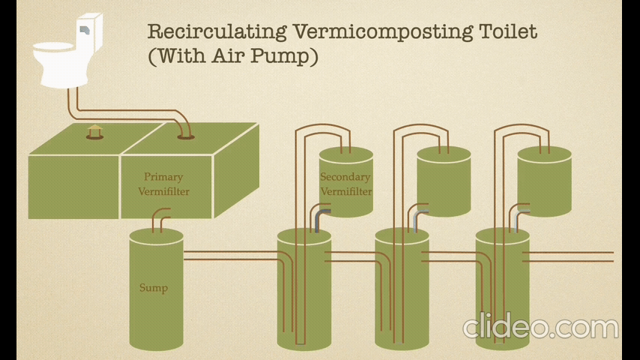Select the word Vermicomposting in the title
[x=381, y=31]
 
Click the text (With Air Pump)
[x=233, y=56]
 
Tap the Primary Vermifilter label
[x=163, y=184]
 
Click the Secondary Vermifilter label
[x=345, y=184]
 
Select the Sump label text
[x=154, y=288]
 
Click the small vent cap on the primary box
[x=94, y=132]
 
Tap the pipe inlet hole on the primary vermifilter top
[x=185, y=136]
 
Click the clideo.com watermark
[x=540, y=328]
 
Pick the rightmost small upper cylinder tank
[x=545, y=180]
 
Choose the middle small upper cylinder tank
[x=444, y=180]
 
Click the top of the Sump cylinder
[x=156, y=235]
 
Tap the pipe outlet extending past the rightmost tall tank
[x=592, y=256]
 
